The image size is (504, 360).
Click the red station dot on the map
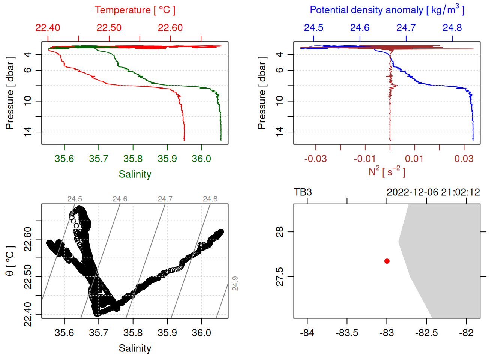coord(387,261)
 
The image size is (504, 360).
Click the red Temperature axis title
coord(135,10)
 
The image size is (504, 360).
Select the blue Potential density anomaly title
coord(387,10)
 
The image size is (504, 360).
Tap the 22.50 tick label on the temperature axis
coord(109,28)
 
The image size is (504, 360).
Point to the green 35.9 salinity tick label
coord(167,159)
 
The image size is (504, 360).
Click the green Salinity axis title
coord(135,174)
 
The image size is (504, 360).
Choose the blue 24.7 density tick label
coord(406,28)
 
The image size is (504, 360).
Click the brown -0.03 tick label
coord(315,159)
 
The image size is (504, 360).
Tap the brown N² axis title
coord(387,171)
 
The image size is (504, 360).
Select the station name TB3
coord(303,192)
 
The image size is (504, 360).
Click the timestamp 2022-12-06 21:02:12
coord(433,192)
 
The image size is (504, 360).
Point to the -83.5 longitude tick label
coord(347,333)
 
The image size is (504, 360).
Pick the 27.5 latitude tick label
coord(280,277)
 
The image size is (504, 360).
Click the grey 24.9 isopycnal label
coord(235,283)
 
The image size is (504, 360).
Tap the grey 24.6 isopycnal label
coord(120,199)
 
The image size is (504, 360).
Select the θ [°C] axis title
coord(10,261)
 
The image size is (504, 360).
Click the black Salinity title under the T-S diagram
coord(135,348)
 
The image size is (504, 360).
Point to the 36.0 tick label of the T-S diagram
coord(201,333)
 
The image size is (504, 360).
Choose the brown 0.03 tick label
coord(464,159)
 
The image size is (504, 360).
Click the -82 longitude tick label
coord(466,333)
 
